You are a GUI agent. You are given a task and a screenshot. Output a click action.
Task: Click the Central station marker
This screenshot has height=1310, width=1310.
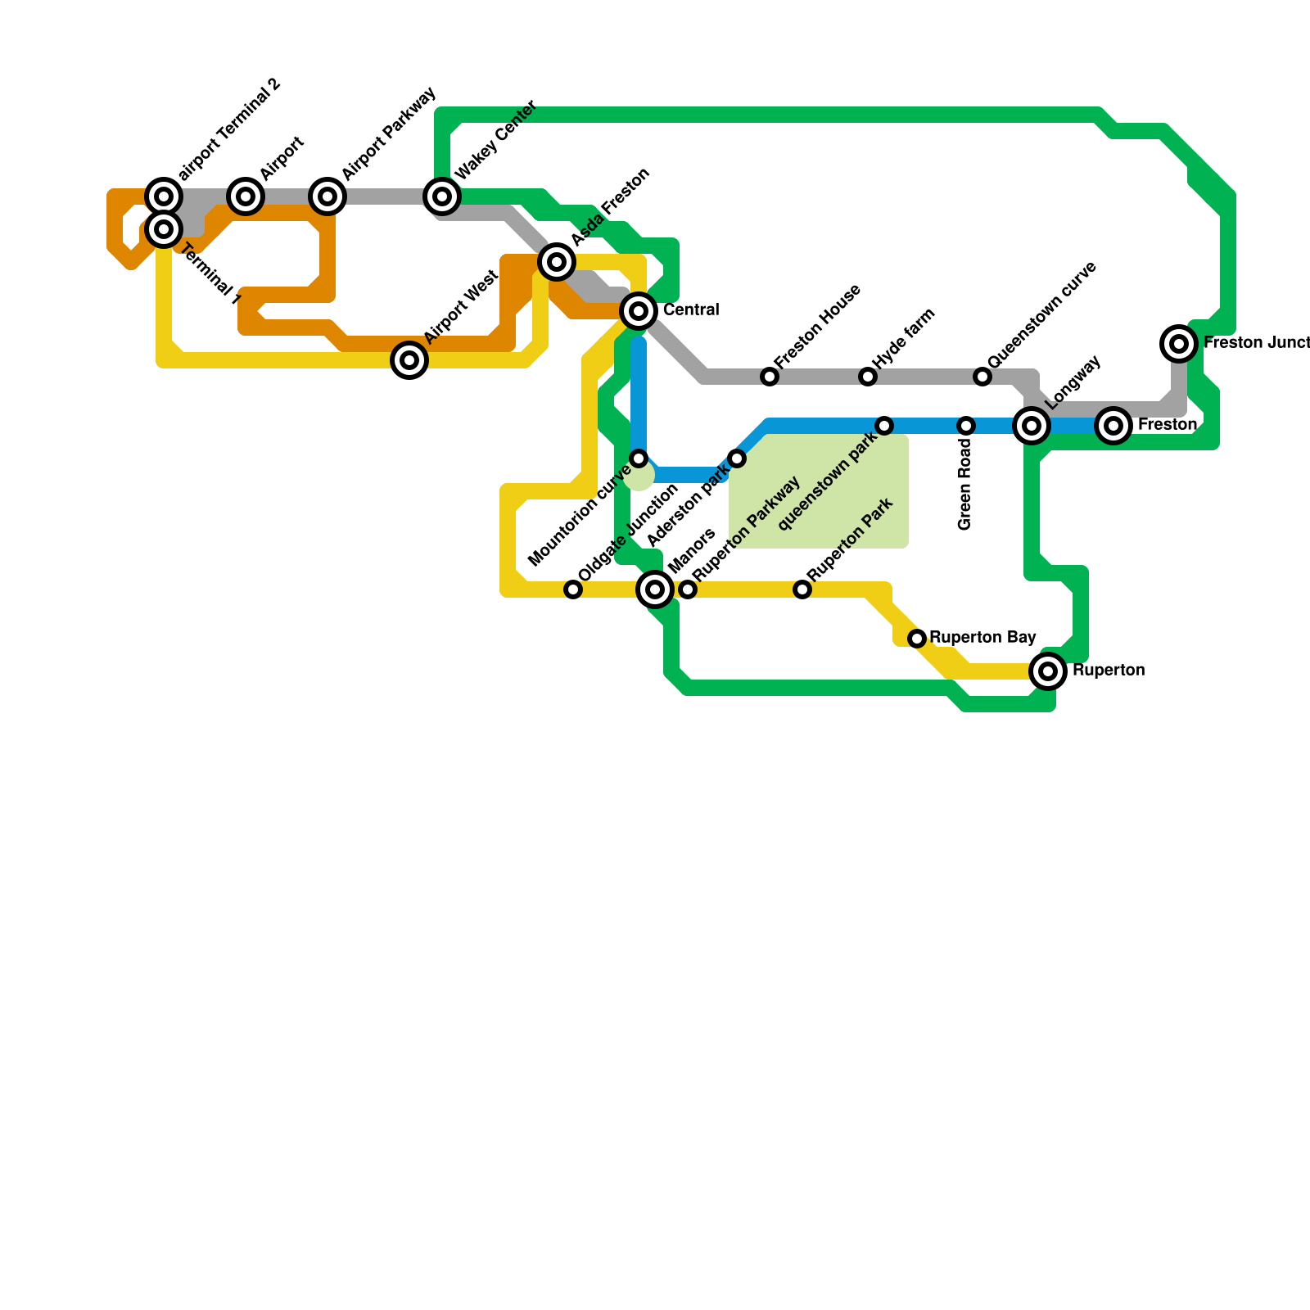pyautogui.click(x=639, y=311)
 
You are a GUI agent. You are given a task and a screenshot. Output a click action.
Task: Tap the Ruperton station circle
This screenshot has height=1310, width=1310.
pyautogui.click(x=1048, y=671)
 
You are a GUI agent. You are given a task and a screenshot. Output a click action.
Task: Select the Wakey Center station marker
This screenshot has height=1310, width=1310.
pyautogui.click(x=442, y=196)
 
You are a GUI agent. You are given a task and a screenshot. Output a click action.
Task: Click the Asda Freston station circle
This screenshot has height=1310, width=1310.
pyautogui.click(x=557, y=262)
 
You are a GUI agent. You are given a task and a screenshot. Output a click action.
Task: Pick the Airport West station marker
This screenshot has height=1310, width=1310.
pyautogui.click(x=409, y=360)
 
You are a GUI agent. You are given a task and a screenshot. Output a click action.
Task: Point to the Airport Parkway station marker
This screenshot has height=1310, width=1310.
pyautogui.click(x=327, y=196)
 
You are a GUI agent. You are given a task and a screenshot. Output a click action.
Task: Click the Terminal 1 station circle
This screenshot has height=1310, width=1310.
pyautogui.click(x=164, y=229)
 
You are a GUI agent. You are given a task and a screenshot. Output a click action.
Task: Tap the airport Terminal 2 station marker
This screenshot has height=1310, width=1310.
pyautogui.click(x=164, y=196)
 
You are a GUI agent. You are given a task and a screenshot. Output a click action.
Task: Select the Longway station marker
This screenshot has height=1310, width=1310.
pyautogui.click(x=1032, y=426)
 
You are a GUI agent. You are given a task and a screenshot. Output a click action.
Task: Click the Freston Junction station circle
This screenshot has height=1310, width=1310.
pyautogui.click(x=1179, y=344)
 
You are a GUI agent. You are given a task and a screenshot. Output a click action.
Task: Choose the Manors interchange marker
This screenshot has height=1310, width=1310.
pyautogui.click(x=655, y=589)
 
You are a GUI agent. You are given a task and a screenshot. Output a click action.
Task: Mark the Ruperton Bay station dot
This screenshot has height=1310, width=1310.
pyautogui.click(x=917, y=639)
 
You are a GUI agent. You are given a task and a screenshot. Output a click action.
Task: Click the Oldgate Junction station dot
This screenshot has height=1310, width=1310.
pyautogui.click(x=573, y=589)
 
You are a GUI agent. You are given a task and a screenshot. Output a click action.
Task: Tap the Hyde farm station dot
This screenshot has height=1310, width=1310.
pyautogui.click(x=868, y=377)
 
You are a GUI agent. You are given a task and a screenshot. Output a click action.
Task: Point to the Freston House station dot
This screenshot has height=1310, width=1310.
pyautogui.click(x=770, y=377)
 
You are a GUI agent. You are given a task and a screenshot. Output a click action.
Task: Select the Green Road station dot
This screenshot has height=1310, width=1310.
pyautogui.click(x=966, y=426)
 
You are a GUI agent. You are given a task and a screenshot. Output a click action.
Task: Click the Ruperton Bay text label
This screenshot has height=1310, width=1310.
pyautogui.click(x=982, y=638)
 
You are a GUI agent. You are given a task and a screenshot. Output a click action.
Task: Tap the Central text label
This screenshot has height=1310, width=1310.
pyautogui.click(x=691, y=310)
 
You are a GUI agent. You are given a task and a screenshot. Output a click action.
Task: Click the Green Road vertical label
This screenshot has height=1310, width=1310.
pyautogui.click(x=965, y=486)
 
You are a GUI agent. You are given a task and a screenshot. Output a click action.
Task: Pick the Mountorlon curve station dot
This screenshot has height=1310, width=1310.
pyautogui.click(x=639, y=458)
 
